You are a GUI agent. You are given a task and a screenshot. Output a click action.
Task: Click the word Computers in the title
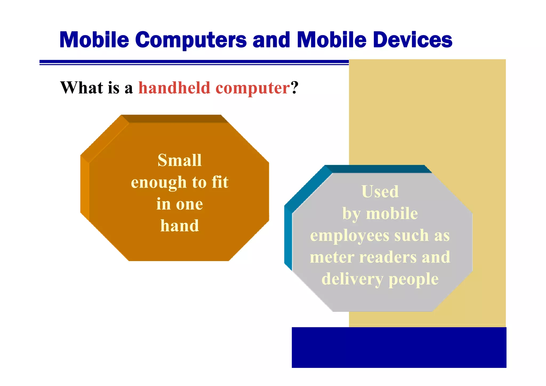191,40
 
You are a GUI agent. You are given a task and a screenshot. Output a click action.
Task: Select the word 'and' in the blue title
271,40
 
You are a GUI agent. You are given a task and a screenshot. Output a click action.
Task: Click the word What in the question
82,88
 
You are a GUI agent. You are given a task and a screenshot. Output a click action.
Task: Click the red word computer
252,88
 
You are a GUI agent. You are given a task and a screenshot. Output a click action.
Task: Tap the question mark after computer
295,88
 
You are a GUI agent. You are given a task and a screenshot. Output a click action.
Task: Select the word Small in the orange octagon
179,160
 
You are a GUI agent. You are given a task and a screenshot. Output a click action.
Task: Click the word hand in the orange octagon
179,226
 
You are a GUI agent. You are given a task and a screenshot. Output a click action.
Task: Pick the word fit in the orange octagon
220,182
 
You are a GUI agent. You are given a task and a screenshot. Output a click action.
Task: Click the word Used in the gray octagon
380,191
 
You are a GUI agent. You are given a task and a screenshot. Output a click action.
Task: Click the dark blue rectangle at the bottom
399,347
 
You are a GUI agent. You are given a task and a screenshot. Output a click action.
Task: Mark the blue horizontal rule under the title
194,62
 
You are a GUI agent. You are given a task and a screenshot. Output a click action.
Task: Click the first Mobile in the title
94,40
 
